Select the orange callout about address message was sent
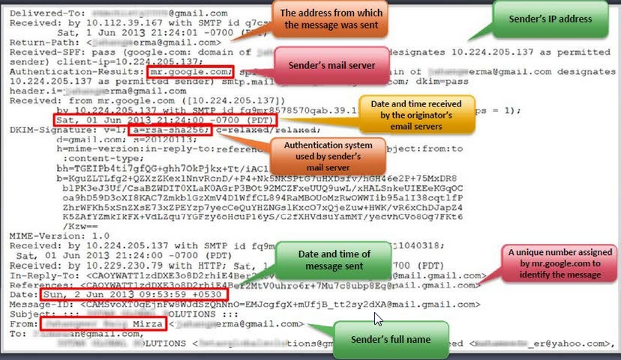pos(331,19)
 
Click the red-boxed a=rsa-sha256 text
pos(168,130)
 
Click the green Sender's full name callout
pos(391,340)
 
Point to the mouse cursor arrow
pos(378,319)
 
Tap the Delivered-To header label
pos(38,13)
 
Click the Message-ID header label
pos(36,304)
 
